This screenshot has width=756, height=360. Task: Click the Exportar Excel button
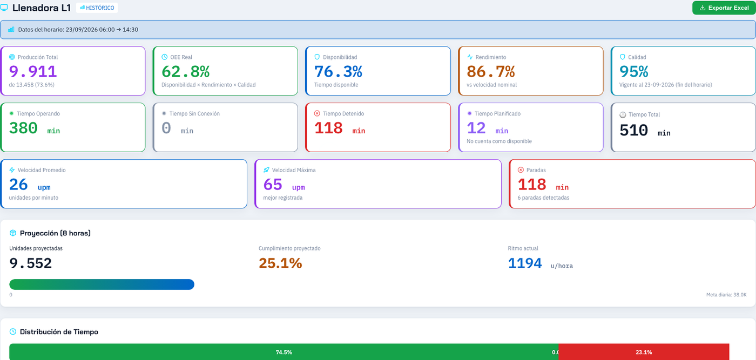(x=724, y=8)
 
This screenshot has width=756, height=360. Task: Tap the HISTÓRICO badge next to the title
(x=97, y=8)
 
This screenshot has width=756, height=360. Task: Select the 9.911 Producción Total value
(x=33, y=72)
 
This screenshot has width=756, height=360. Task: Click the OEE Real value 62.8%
(x=186, y=72)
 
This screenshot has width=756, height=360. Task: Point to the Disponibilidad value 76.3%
(x=338, y=72)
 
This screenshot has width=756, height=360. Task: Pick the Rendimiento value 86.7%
(x=491, y=72)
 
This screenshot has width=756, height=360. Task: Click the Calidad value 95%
(x=634, y=72)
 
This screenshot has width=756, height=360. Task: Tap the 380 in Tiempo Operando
(x=23, y=128)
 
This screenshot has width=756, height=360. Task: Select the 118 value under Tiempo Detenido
(x=328, y=128)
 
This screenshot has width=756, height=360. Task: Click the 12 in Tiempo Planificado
(x=476, y=128)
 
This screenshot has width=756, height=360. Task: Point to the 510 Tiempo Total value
(x=634, y=130)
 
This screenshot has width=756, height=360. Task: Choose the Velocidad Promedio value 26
(x=18, y=185)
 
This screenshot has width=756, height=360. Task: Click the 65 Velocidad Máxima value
(x=273, y=185)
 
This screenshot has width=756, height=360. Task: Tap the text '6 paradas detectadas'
(x=543, y=198)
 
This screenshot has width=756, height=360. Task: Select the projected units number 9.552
(x=30, y=263)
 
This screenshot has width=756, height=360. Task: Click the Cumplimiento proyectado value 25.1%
(x=280, y=263)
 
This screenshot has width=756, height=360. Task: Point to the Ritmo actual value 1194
(x=525, y=263)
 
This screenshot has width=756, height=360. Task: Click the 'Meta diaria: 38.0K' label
(x=726, y=295)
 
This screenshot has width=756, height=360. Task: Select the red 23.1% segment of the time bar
(x=644, y=352)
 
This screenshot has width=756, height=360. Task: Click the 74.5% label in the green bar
(x=284, y=352)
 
